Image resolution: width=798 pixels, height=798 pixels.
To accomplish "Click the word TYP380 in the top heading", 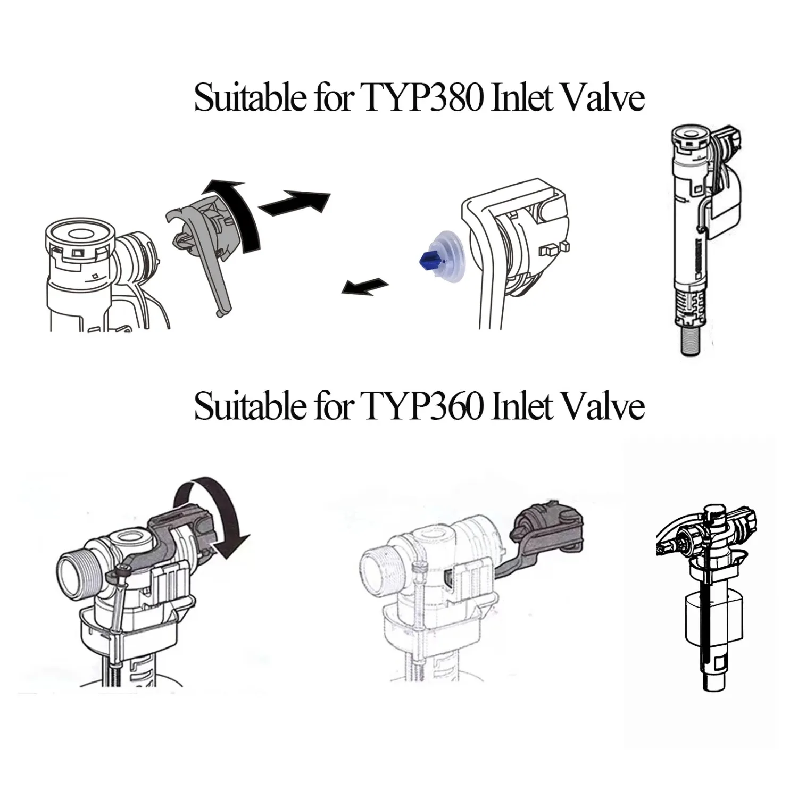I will (x=423, y=98).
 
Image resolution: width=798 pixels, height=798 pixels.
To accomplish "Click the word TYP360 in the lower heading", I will (x=423, y=406).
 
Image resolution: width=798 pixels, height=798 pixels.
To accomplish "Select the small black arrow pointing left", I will (x=364, y=286).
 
